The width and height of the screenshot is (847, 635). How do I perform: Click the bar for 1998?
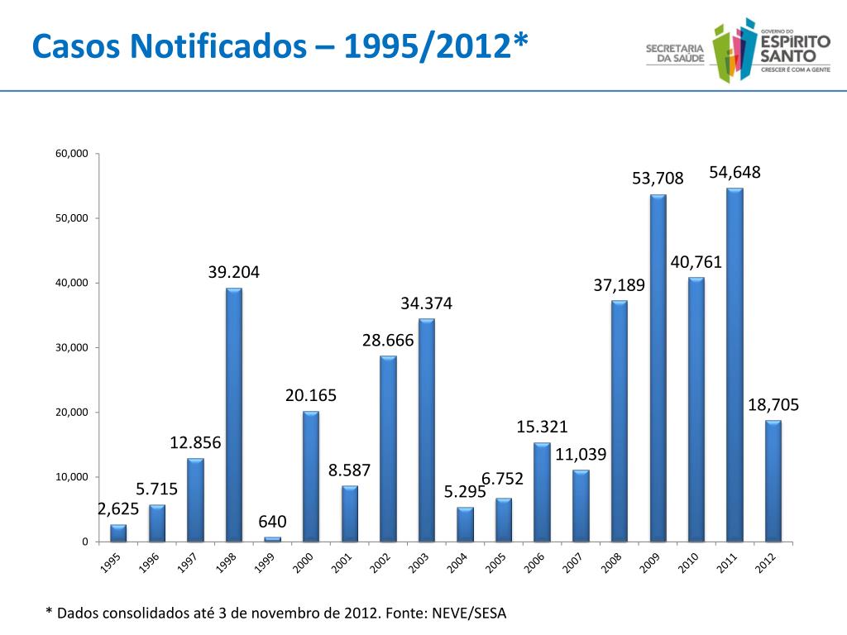(x=234, y=413)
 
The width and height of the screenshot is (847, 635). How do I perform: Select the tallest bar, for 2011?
(x=735, y=364)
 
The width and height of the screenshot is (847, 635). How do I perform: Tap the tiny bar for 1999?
(x=272, y=539)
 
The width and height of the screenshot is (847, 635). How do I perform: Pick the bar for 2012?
(x=773, y=480)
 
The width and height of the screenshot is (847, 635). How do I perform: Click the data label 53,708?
(x=658, y=178)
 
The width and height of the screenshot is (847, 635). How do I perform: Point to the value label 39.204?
(x=234, y=272)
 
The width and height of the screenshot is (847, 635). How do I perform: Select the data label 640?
(x=272, y=522)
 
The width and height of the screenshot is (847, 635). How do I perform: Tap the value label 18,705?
(x=773, y=404)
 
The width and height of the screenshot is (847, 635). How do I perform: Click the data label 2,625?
(x=118, y=508)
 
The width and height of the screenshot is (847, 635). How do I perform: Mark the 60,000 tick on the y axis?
(x=72, y=154)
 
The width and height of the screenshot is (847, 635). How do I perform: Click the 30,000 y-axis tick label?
(x=72, y=348)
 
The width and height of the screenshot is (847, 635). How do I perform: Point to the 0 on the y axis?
(x=84, y=542)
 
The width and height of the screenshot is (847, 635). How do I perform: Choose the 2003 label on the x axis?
(x=417, y=563)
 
